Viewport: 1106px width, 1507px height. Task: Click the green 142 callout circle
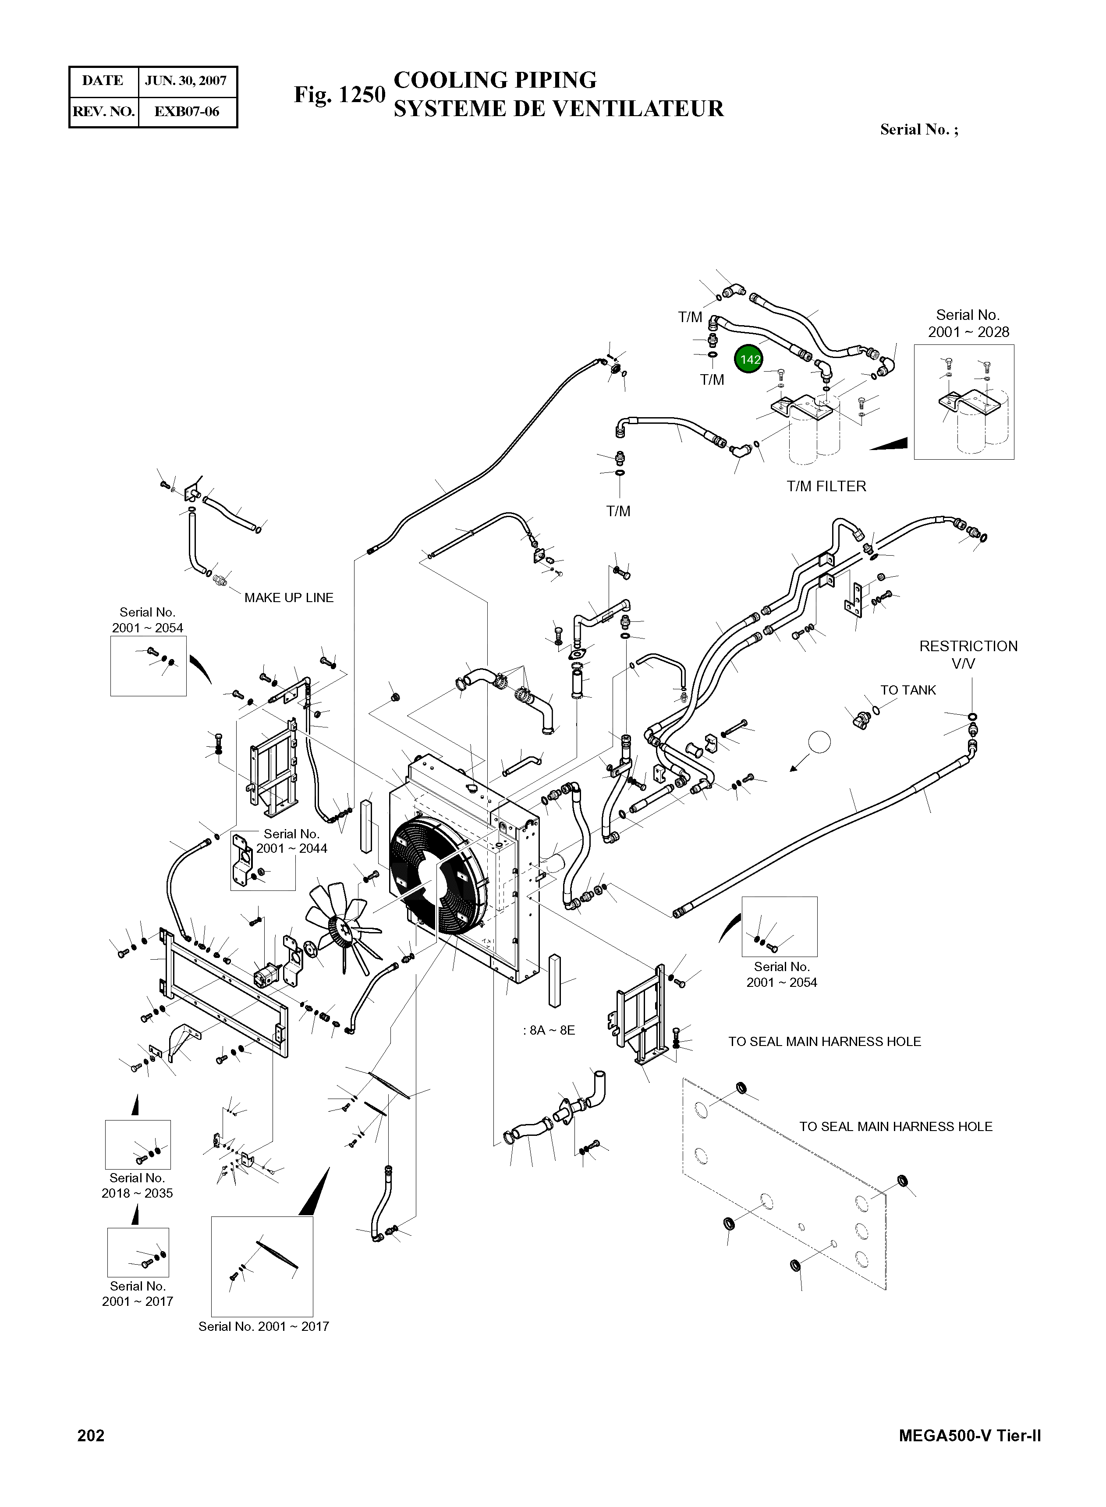749,359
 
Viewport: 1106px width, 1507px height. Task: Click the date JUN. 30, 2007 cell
187,81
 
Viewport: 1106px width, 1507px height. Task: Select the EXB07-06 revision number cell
187,111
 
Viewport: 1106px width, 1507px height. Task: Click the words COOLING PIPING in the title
495,80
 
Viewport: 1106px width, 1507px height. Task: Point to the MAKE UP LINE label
289,598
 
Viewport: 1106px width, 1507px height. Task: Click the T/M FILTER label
826,486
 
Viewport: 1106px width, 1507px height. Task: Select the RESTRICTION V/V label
968,655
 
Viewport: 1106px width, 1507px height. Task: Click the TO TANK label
908,690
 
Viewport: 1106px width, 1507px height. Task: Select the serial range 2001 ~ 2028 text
968,332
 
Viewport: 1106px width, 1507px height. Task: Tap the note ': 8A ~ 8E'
549,1030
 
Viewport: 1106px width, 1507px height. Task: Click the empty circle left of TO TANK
819,742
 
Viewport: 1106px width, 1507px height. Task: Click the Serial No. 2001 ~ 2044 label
291,841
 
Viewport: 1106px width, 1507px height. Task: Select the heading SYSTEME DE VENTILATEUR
558,108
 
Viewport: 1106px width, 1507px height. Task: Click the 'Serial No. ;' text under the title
918,130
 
